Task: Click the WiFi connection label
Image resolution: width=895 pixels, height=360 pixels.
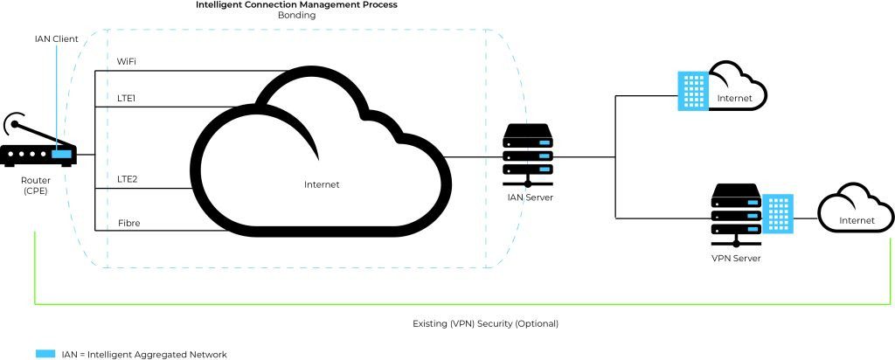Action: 128,62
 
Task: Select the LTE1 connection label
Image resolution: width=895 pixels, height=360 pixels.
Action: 128,100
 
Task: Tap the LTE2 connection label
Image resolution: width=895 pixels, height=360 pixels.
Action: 128,179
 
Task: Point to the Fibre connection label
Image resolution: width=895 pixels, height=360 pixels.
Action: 128,224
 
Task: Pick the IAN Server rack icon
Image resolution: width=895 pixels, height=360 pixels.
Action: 528,156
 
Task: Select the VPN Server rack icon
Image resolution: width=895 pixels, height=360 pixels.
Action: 733,215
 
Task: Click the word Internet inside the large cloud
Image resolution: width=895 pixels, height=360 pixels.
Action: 322,184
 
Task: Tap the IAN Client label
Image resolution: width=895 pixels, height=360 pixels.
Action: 57,39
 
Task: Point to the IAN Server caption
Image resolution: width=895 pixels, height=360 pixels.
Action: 530,198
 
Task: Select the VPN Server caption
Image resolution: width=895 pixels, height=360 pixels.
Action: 734,260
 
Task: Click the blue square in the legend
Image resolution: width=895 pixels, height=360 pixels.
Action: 45,354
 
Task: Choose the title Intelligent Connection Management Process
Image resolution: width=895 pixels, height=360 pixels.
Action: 296,5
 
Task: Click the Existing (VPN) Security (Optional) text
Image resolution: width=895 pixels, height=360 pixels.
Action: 485,323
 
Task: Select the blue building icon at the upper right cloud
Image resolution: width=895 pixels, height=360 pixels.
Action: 693,90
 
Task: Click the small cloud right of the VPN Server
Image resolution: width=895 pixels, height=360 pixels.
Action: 855,214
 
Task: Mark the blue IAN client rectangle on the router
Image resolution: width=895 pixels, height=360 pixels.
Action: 62,156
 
